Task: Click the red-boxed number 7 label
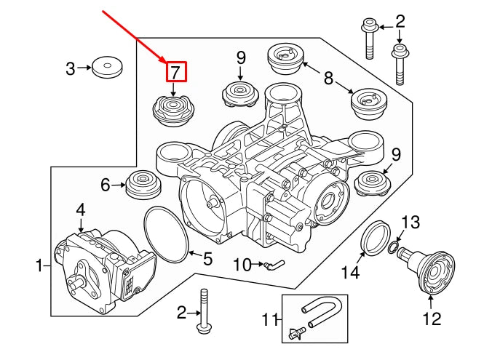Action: pos(175,71)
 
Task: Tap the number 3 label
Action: pos(71,69)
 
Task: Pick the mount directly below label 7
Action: pos(173,111)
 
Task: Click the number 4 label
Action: pos(81,210)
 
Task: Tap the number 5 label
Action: pos(207,257)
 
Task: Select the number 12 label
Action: pos(432,319)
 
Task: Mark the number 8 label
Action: pos(328,76)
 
